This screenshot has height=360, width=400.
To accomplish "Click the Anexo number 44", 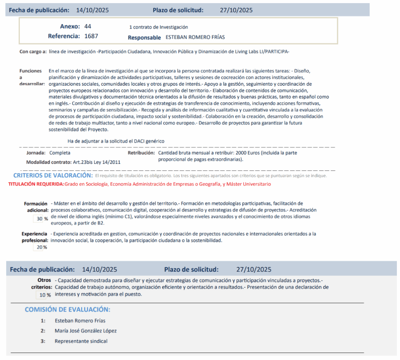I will pos(87,27).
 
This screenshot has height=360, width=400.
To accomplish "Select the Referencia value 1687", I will pos(91,36).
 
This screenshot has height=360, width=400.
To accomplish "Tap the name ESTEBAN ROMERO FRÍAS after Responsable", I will pos(195,38).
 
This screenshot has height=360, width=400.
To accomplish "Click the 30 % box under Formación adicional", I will pos(39,219).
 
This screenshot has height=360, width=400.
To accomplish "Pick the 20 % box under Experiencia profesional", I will pos(39,247).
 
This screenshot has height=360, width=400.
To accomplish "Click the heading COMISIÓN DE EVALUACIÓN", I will pos(67,310).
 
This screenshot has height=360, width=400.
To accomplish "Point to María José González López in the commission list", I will pos(86,331).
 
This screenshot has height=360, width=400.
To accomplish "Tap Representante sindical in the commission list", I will pos(81,341).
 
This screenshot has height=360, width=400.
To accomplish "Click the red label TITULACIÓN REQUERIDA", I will pos(36,184).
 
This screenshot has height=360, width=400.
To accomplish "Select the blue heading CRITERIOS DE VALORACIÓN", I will pos(53,176).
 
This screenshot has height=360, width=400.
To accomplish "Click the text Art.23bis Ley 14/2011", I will pos(96,162).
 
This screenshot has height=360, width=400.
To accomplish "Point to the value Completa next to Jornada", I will pos(60,153).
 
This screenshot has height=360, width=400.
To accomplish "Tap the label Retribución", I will pos(141,153).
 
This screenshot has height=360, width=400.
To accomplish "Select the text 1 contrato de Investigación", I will pos(158,27).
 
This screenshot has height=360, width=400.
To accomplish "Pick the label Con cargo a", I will pos(33,52).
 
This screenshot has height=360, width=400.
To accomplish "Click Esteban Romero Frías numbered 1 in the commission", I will pos(80,321).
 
